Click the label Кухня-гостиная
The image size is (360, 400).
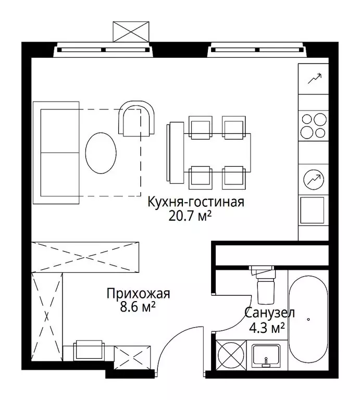click(195, 202)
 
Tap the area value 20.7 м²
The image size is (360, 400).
click(189, 216)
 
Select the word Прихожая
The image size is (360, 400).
click(138, 294)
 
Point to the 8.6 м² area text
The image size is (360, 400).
click(138, 307)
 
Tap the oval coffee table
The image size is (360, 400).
click(100, 153)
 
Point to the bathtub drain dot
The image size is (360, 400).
click(309, 319)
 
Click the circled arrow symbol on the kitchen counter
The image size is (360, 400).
click(313, 179)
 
